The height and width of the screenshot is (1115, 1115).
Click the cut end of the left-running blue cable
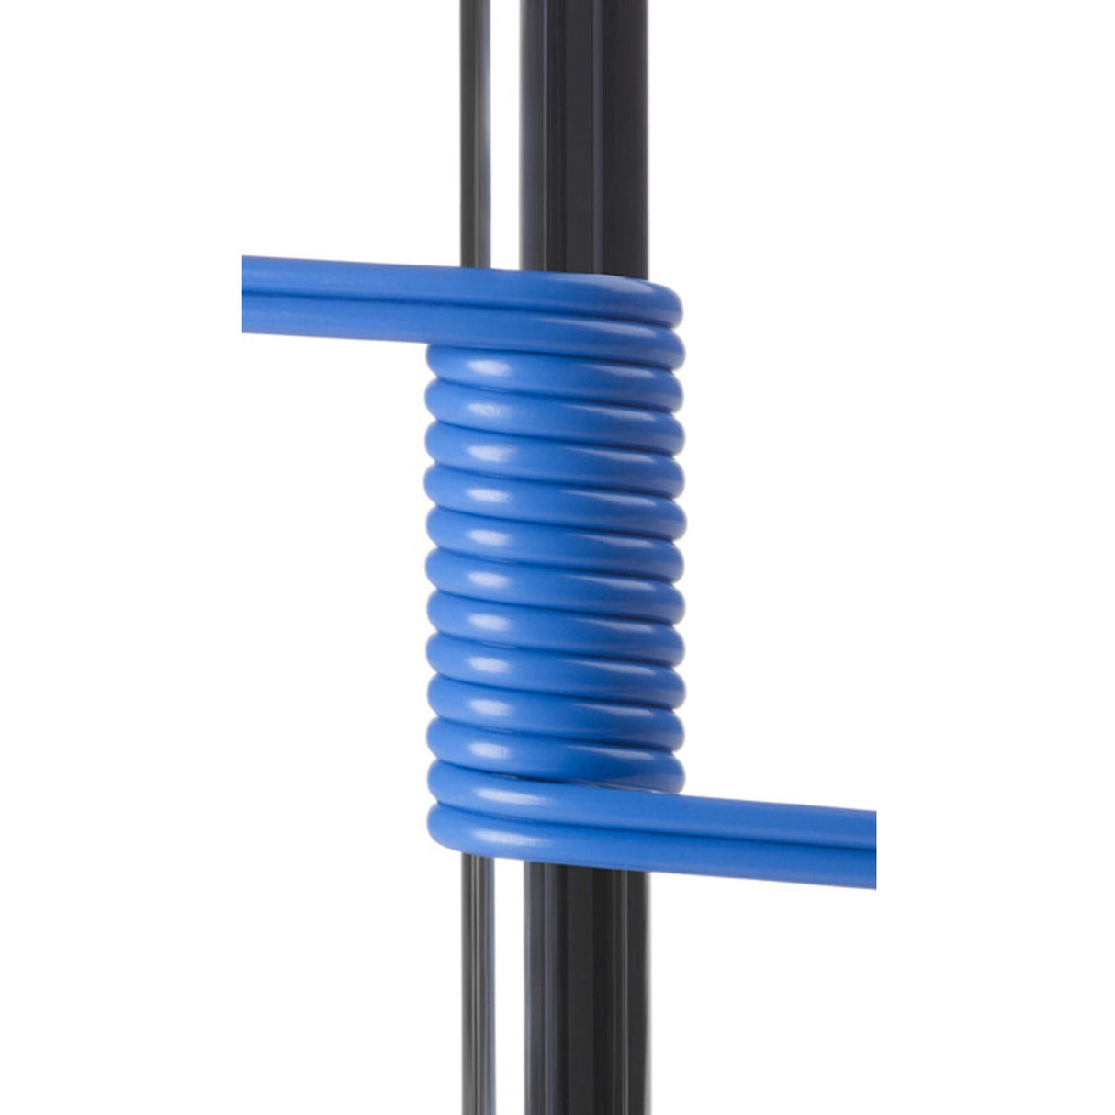point(245,299)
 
